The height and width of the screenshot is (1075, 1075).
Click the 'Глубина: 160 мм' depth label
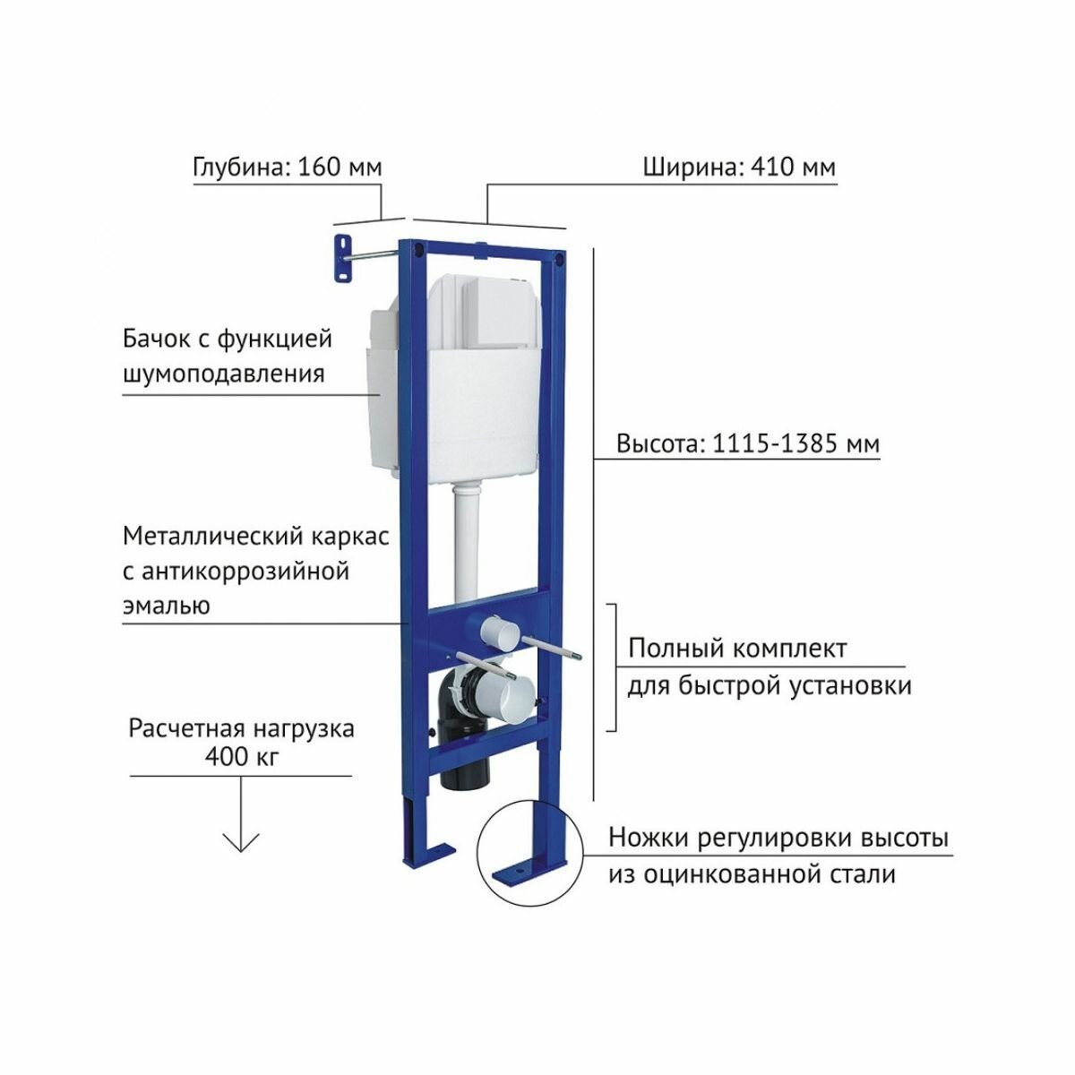point(287,168)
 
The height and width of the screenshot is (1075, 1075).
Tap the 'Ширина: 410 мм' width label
point(739,168)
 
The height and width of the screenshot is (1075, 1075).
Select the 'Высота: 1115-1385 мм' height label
point(747,444)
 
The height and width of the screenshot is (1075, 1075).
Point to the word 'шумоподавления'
point(222,373)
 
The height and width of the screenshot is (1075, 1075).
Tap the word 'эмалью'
point(166,606)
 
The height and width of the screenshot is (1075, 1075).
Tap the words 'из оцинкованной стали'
point(752,873)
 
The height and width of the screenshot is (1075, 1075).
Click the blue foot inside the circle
point(534,860)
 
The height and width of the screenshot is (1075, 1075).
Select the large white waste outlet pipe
point(502,699)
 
